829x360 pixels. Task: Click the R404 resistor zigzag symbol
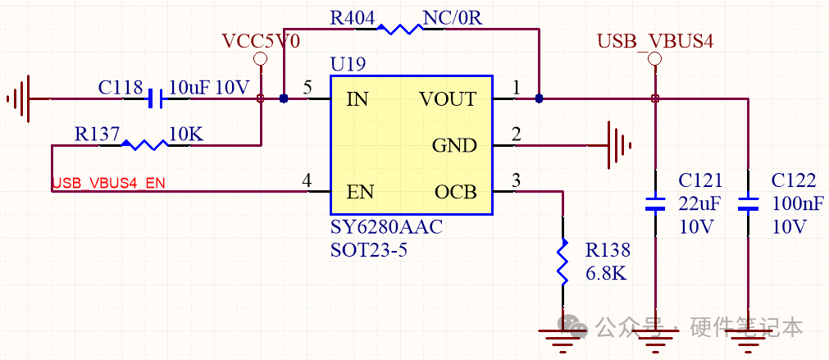[x=399, y=29]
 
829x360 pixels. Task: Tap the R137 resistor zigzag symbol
[x=145, y=144]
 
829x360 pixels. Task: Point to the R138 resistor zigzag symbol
[x=563, y=262]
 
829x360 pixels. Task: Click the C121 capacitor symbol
[x=655, y=203]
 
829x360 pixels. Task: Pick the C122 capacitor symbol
[x=748, y=203]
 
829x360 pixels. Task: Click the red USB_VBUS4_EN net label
[x=109, y=184]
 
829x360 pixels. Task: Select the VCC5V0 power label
[x=260, y=41]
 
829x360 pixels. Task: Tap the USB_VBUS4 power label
[x=655, y=41]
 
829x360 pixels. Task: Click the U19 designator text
[x=348, y=65]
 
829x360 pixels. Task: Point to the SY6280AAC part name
[x=386, y=228]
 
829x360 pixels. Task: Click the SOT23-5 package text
[x=369, y=249]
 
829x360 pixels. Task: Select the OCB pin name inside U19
[x=456, y=192]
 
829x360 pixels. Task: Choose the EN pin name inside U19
[x=360, y=192]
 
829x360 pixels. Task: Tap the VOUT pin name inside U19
[x=448, y=99]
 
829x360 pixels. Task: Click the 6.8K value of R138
[x=607, y=273]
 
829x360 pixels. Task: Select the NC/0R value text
[x=453, y=19]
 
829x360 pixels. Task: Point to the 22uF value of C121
[x=700, y=203]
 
